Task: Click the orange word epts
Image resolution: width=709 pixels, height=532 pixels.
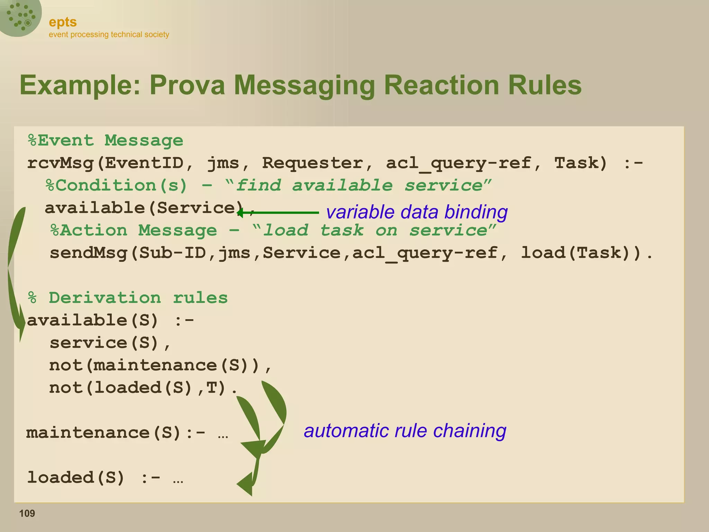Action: (x=63, y=22)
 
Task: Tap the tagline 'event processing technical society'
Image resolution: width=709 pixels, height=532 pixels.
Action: (x=109, y=35)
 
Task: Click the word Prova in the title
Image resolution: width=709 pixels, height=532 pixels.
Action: (x=187, y=85)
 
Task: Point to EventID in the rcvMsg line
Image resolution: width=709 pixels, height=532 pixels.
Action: (x=144, y=163)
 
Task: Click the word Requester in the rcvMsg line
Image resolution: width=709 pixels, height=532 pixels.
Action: (x=313, y=163)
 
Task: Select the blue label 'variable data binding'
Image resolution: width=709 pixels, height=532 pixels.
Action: (x=416, y=212)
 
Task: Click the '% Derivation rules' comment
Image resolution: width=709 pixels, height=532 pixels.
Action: (x=128, y=298)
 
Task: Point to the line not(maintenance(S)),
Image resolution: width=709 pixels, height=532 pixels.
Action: (x=160, y=365)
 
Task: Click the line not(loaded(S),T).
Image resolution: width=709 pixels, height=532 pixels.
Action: (x=143, y=388)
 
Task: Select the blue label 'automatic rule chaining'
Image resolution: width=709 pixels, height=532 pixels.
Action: (x=405, y=431)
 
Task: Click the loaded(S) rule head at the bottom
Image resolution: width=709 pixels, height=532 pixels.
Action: (x=75, y=478)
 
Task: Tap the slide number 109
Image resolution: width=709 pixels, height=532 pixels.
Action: (x=27, y=513)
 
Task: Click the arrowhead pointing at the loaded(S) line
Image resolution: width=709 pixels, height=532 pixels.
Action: (x=245, y=484)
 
